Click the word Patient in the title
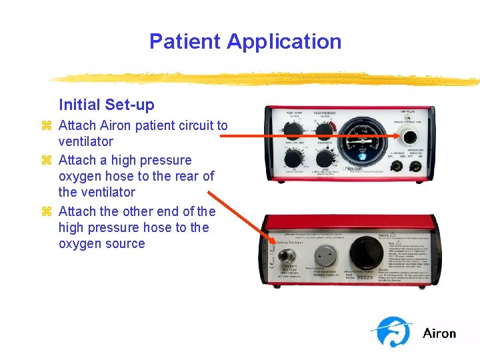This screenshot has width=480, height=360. click(x=185, y=41)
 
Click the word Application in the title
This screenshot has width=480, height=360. click(x=284, y=41)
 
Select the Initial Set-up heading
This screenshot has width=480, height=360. click(x=106, y=105)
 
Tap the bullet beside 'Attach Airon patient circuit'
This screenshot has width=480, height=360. click(x=47, y=125)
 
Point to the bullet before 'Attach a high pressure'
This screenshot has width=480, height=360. click(x=47, y=160)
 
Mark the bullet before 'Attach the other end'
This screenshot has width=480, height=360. click(x=47, y=211)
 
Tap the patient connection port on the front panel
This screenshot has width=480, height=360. click(x=407, y=138)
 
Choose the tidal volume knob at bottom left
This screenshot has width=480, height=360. click(x=292, y=159)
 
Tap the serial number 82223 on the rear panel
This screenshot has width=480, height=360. click(x=367, y=276)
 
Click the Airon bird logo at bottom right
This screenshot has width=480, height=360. click(x=392, y=331)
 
